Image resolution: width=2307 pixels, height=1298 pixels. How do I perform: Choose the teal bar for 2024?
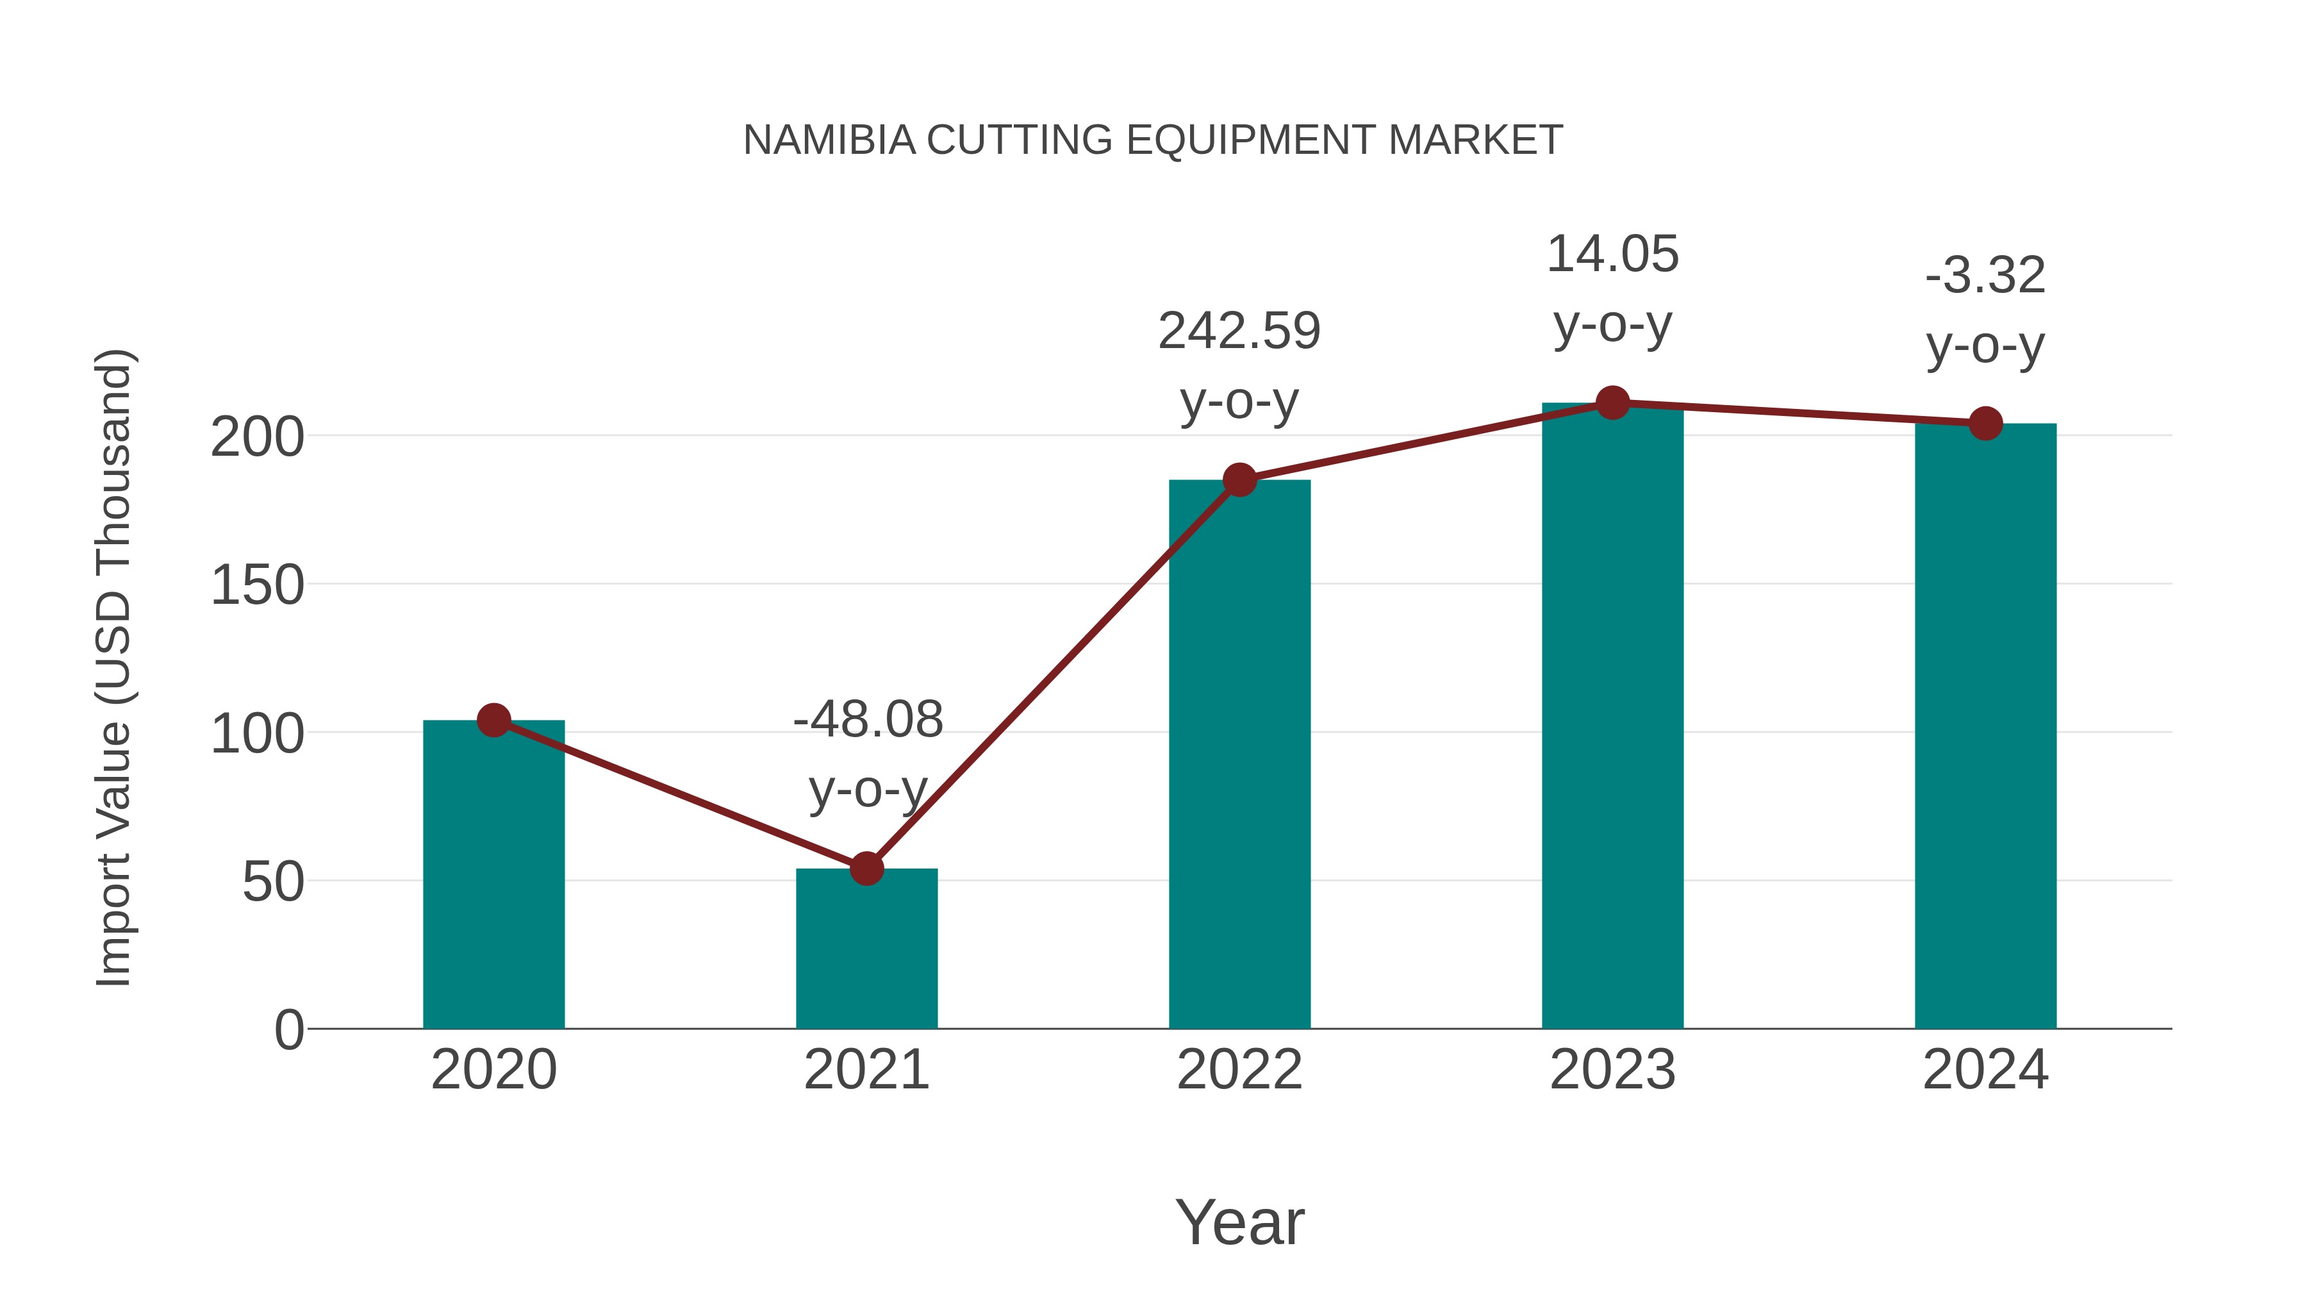[1985, 726]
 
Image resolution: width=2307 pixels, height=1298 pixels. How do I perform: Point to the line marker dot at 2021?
[866, 868]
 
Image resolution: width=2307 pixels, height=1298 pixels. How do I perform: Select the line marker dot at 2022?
[1239, 480]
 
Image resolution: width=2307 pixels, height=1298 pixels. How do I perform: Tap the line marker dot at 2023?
[1612, 403]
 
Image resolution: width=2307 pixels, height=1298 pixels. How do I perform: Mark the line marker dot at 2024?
[1985, 423]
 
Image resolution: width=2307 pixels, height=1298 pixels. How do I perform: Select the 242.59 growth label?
[1239, 331]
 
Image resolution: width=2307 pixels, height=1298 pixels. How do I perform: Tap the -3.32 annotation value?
[1985, 275]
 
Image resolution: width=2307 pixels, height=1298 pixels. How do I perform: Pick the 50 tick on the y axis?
[273, 883]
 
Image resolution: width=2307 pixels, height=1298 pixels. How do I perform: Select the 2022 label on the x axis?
[1239, 1070]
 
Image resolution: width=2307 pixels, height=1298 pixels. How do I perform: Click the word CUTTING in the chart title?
[1020, 140]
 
